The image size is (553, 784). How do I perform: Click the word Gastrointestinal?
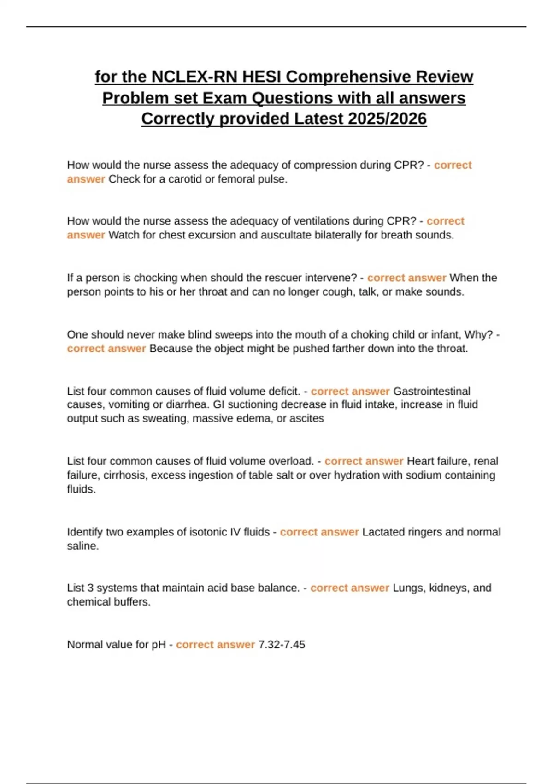431,391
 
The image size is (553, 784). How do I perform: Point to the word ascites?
306,418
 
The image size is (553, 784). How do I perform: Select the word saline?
82,546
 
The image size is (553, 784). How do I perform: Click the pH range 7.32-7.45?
282,644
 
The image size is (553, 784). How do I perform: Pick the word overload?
291,461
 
